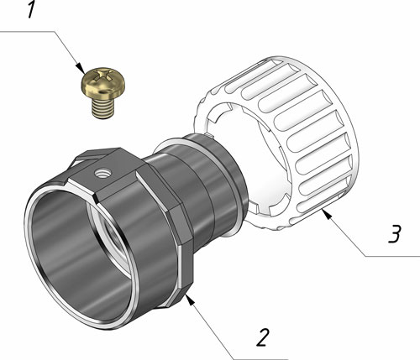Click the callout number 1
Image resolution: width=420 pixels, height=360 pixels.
[31, 9]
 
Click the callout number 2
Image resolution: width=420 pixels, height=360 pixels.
[263, 337]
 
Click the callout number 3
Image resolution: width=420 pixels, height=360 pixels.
[395, 233]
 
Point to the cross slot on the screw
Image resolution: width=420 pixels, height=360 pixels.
[104, 76]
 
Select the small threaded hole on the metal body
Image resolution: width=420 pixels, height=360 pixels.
[102, 174]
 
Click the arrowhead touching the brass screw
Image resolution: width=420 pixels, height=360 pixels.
[81, 68]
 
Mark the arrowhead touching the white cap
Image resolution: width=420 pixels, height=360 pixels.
[326, 214]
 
